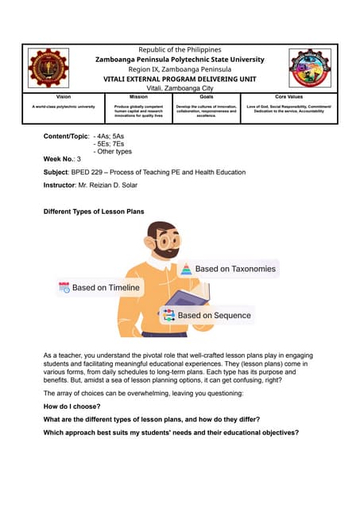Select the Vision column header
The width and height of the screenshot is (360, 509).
tap(63, 97)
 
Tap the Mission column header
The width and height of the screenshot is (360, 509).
tap(139, 97)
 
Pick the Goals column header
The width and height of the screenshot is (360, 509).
tap(206, 97)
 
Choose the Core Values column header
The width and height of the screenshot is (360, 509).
tap(289, 97)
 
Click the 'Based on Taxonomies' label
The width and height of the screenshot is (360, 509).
tap(235, 269)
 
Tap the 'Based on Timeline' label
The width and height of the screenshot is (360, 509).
tap(106, 288)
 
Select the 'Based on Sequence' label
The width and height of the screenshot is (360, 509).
tap(214, 316)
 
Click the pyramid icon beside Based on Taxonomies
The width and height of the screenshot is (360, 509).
tap(186, 269)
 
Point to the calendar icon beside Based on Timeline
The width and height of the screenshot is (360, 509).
tap(64, 288)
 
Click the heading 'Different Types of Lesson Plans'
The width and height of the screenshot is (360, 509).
tap(94, 212)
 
